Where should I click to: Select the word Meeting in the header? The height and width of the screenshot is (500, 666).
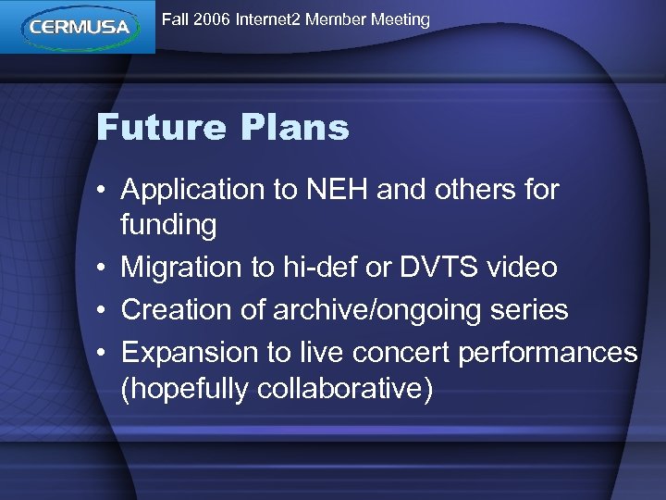tap(398, 19)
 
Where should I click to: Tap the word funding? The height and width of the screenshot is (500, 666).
tap(168, 225)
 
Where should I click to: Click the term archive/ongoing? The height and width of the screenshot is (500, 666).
tap(388, 310)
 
